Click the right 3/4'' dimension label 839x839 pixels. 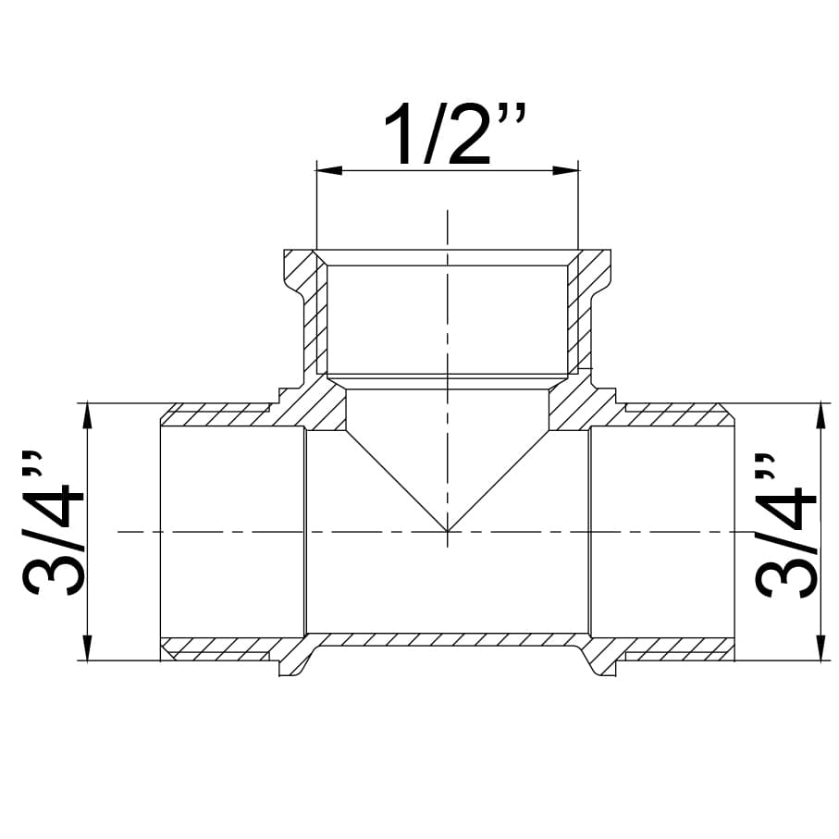(785, 526)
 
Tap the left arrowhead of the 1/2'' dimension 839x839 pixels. (329, 171)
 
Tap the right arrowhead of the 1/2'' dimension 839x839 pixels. (565, 171)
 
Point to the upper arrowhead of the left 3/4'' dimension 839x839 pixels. (87, 415)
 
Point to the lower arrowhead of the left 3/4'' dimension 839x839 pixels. (87, 648)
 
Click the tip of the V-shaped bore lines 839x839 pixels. (448, 531)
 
